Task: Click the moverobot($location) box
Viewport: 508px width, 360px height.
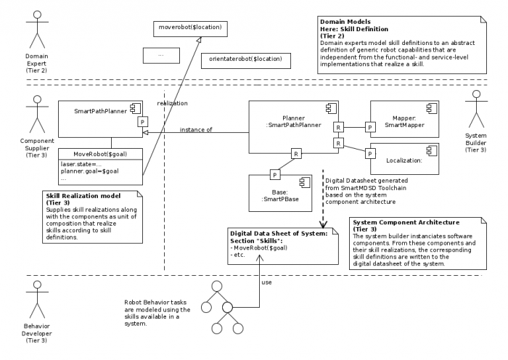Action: [x=188, y=29]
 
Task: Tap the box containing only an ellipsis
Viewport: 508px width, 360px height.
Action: [x=161, y=54]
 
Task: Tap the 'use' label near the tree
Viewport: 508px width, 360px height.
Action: [x=266, y=283]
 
